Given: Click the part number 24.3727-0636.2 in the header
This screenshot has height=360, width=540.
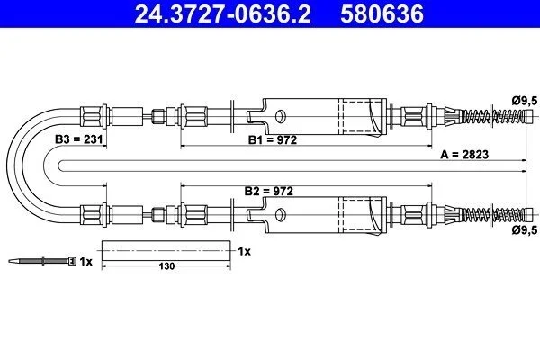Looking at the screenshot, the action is tap(222, 13).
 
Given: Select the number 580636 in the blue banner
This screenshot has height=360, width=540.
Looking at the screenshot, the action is tap(382, 13).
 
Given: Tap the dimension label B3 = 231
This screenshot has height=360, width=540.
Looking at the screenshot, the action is tap(79, 139).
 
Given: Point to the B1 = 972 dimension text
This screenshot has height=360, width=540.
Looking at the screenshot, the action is tap(273, 140).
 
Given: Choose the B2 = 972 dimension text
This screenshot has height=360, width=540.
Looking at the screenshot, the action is tap(268, 191).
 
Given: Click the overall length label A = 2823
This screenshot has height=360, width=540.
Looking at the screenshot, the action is tap(464, 154).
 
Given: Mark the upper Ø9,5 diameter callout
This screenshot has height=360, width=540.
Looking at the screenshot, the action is tap(524, 101).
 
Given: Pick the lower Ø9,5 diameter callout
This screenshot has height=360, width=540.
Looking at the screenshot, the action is tap(524, 229).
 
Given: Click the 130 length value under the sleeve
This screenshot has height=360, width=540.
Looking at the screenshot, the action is tap(166, 266).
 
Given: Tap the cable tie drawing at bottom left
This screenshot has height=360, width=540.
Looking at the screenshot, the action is tap(42, 261).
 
